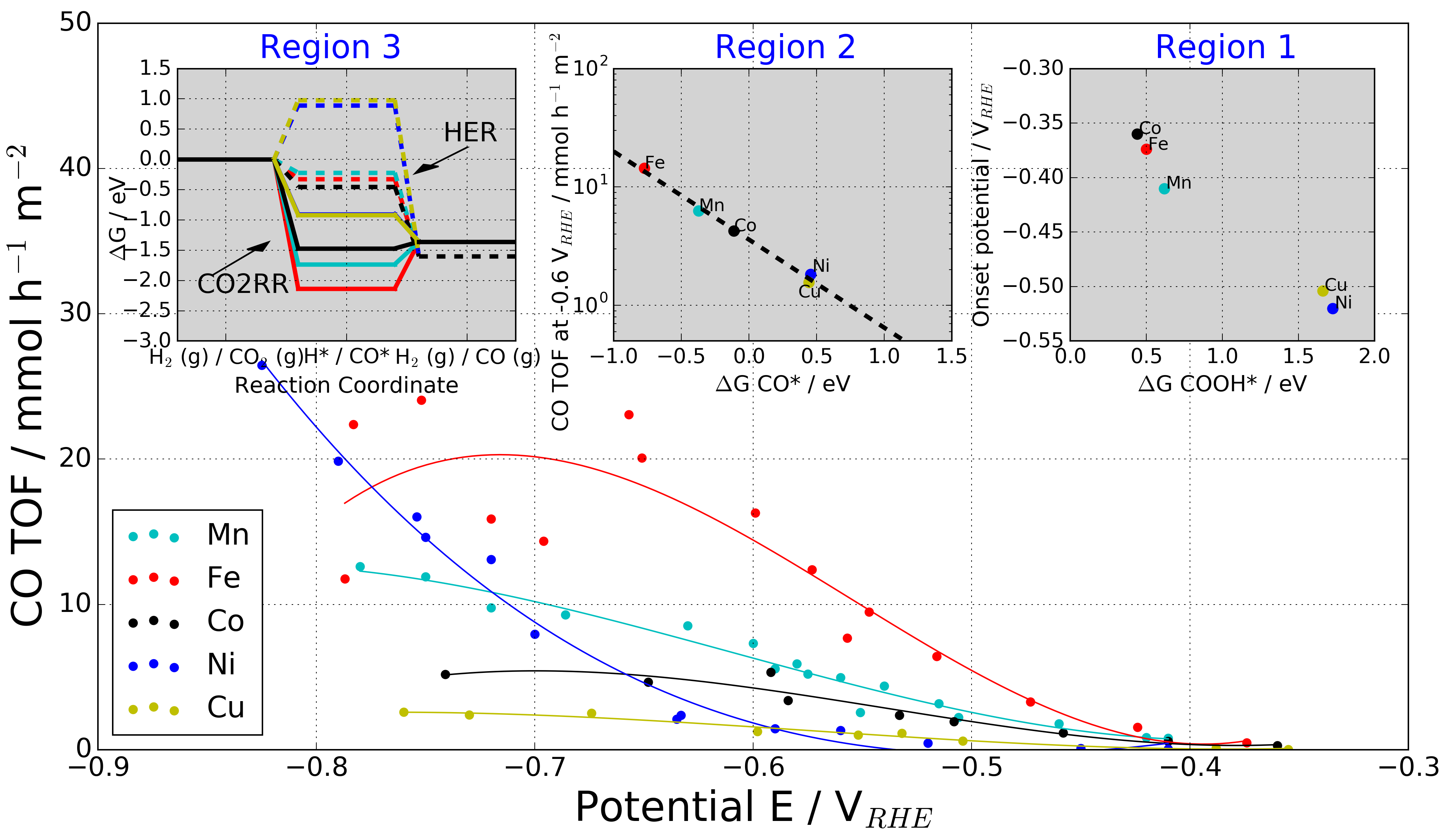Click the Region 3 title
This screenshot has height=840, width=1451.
click(330, 47)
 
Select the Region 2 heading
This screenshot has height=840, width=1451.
click(785, 47)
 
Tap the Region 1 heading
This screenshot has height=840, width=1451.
click(1225, 47)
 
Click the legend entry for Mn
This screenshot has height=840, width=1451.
click(228, 535)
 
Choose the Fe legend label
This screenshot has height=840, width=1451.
click(223, 578)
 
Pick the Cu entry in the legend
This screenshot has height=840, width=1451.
click(226, 707)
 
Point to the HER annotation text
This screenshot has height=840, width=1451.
click(470, 133)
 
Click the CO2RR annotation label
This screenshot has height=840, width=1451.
click(242, 284)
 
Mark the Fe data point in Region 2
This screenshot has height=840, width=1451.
click(644, 168)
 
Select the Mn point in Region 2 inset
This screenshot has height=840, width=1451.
click(699, 211)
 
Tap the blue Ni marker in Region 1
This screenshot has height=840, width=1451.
click(1332, 309)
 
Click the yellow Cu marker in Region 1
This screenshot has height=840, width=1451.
click(1323, 291)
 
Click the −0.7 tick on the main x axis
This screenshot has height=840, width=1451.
click(534, 768)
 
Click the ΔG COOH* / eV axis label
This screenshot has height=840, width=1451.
click(1222, 384)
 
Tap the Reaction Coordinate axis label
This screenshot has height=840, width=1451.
click(346, 385)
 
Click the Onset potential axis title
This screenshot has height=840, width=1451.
click(981, 204)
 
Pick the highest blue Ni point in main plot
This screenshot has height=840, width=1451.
click(262, 365)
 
